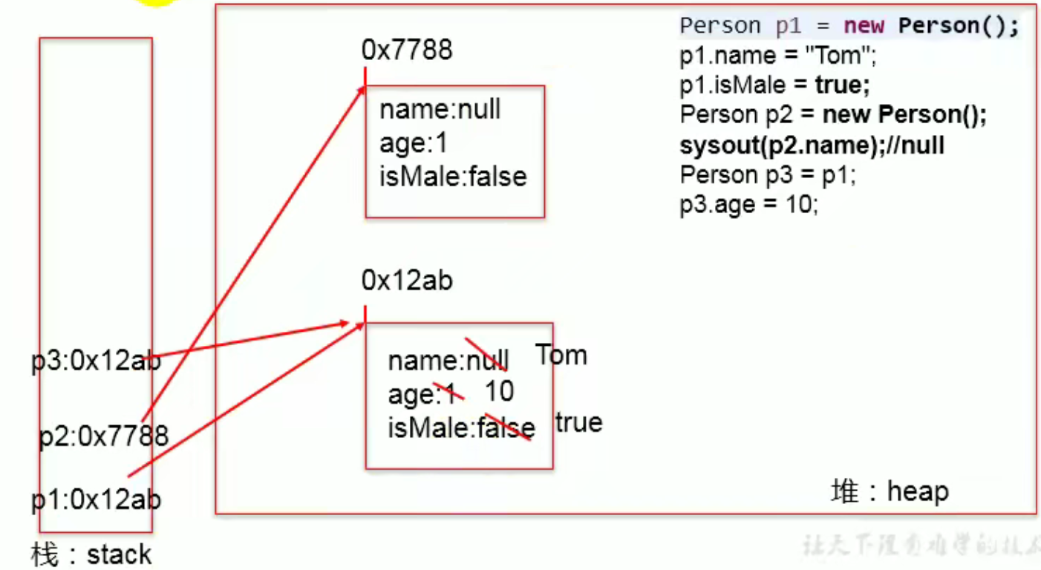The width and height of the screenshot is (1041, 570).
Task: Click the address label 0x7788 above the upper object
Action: pyautogui.click(x=407, y=50)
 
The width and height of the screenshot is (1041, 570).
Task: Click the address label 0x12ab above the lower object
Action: pyautogui.click(x=407, y=281)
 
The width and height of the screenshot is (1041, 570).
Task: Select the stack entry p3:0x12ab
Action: pyautogui.click(x=96, y=362)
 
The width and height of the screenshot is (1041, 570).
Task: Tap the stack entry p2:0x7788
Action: pyautogui.click(x=104, y=436)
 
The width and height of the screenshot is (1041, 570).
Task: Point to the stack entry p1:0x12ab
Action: pyautogui.click(x=96, y=499)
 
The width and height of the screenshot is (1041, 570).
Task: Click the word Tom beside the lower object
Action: pyautogui.click(x=561, y=355)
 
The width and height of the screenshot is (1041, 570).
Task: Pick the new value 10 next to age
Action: pyautogui.click(x=499, y=391)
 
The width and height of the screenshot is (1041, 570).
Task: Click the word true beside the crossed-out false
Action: pyautogui.click(x=579, y=422)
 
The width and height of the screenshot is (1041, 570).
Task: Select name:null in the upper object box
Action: pyautogui.click(x=440, y=110)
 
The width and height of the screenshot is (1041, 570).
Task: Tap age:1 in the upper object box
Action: pyautogui.click(x=414, y=143)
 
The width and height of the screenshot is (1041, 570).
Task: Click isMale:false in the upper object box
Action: pyautogui.click(x=453, y=177)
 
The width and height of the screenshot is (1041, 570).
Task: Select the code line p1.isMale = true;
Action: pyautogui.click(x=774, y=85)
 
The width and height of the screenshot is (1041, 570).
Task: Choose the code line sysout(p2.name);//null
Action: pyautogui.click(x=812, y=145)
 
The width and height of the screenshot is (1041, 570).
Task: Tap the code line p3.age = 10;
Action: pyautogui.click(x=748, y=205)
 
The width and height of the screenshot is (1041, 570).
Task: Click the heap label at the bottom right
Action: pyautogui.click(x=890, y=491)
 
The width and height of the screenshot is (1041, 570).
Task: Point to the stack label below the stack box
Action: pyautogui.click(x=91, y=554)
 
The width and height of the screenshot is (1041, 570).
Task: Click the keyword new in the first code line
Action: pyautogui.click(x=864, y=26)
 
